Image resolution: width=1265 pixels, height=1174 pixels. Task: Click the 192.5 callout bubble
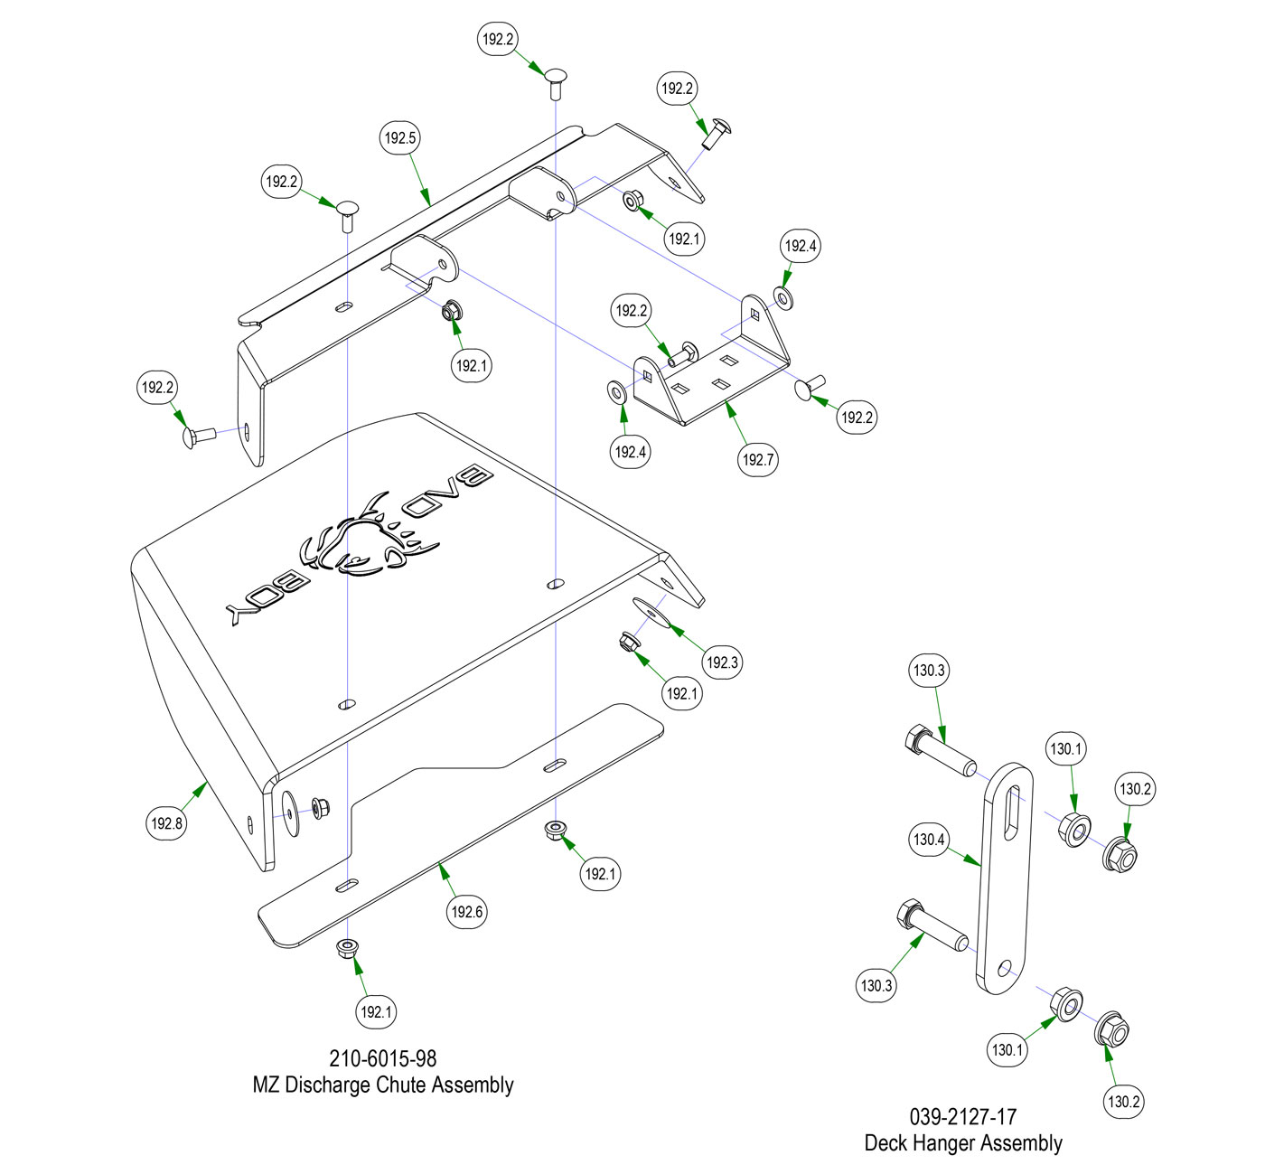pyautogui.click(x=400, y=138)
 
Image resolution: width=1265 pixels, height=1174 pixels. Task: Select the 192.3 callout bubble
pyautogui.click(x=722, y=662)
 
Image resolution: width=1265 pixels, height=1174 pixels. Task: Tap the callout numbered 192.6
pyautogui.click(x=467, y=912)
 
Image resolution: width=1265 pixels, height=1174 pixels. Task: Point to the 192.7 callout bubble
pyautogui.click(x=758, y=459)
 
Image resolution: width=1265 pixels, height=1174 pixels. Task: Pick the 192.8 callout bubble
pyautogui.click(x=167, y=823)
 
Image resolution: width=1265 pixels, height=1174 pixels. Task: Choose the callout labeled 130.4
pyautogui.click(x=929, y=840)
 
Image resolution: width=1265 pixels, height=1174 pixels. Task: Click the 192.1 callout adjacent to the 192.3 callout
pyautogui.click(x=682, y=694)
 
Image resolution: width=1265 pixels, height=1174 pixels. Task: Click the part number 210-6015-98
pyautogui.click(x=382, y=1057)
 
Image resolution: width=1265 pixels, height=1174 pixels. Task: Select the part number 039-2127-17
pyautogui.click(x=963, y=1117)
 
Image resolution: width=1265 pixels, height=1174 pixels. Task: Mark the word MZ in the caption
pyautogui.click(x=266, y=1085)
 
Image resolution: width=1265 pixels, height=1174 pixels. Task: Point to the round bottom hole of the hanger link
pyautogui.click(x=1005, y=968)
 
